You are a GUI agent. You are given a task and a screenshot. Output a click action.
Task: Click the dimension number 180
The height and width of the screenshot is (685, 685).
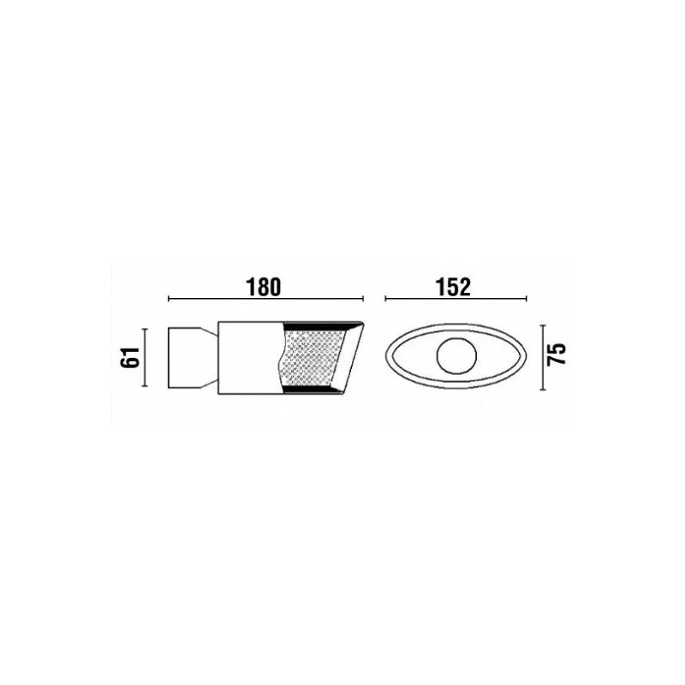pyautogui.click(x=264, y=287)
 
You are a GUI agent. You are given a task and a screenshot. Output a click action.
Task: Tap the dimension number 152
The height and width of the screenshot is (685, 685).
pyautogui.click(x=453, y=287)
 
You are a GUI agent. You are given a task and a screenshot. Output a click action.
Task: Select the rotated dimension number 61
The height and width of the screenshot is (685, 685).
pyautogui.click(x=131, y=357)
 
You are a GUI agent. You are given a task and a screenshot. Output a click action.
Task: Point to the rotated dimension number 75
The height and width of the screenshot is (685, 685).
pyautogui.click(x=557, y=354)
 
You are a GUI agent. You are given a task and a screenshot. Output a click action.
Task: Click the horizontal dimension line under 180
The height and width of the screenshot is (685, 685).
pyautogui.click(x=265, y=299)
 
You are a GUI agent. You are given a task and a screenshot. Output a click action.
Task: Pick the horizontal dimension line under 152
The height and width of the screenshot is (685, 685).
pyautogui.click(x=456, y=299)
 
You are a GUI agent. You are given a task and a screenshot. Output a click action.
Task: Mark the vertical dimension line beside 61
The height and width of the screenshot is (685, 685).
pyautogui.click(x=146, y=357)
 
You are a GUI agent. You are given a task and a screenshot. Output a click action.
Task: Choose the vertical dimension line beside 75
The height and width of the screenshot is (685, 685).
pyautogui.click(x=543, y=357)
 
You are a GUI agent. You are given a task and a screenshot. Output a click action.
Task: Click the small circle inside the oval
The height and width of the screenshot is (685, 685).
pyautogui.click(x=456, y=356)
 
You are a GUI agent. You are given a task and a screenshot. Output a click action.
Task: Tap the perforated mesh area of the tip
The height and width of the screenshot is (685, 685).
pyautogui.click(x=313, y=358)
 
